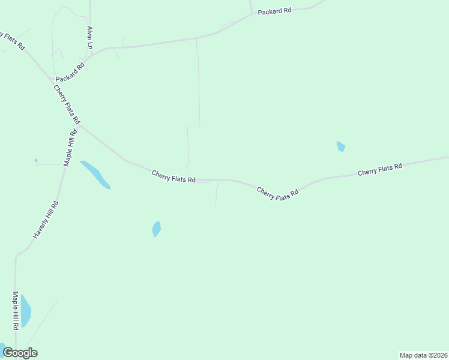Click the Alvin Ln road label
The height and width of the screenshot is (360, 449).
tap(90, 37)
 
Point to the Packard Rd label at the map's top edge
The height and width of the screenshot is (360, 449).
tap(274, 11)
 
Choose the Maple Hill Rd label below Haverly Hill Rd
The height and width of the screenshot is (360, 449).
tap(16, 311)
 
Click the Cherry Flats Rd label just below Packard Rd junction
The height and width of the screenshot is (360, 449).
tap(67, 105)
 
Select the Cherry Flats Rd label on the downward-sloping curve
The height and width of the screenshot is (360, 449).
tap(277, 193)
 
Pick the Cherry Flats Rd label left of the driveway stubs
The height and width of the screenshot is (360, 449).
tap(173, 176)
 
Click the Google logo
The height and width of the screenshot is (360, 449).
tap(20, 353)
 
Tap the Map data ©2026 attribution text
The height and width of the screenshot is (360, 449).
tap(423, 355)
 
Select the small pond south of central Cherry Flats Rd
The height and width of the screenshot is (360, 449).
tap(157, 229)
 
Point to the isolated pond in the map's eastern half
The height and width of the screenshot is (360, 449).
tap(340, 146)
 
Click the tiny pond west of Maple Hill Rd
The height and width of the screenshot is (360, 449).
tap(36, 160)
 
